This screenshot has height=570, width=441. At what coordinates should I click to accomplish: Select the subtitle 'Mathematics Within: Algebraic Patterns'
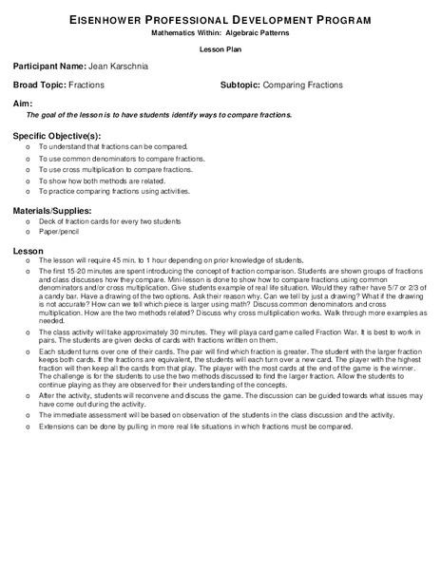(x=220, y=31)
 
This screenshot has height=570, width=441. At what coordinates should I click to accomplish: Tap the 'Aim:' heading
(x=23, y=101)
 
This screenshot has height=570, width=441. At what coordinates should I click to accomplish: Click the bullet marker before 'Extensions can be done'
(x=29, y=426)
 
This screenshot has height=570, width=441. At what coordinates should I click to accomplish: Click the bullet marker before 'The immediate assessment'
(x=29, y=414)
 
